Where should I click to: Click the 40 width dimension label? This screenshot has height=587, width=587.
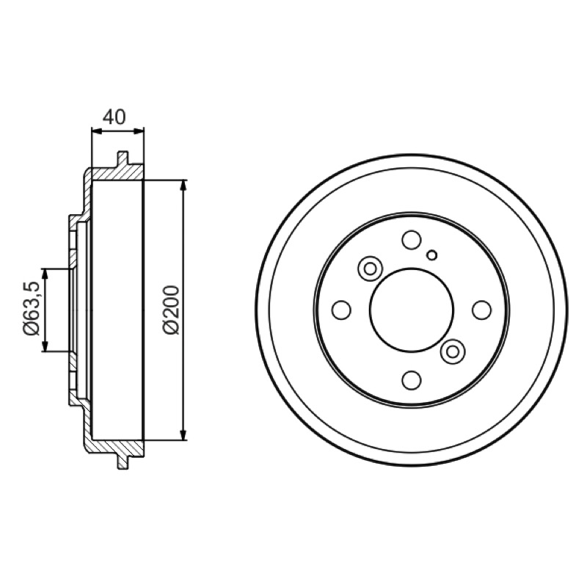(114, 117)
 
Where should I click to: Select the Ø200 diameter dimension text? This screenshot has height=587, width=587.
(172, 310)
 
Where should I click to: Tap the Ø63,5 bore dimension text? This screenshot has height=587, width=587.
(31, 308)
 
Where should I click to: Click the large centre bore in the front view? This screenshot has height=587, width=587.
(412, 310)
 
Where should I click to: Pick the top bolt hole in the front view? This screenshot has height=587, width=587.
(412, 240)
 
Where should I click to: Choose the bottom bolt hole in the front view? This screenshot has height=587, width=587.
(412, 380)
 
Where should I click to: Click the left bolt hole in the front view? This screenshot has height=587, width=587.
(341, 310)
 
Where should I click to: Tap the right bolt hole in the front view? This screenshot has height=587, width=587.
(482, 310)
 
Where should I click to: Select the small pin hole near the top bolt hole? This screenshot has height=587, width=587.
(432, 255)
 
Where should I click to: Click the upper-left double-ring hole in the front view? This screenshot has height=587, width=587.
(371, 269)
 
